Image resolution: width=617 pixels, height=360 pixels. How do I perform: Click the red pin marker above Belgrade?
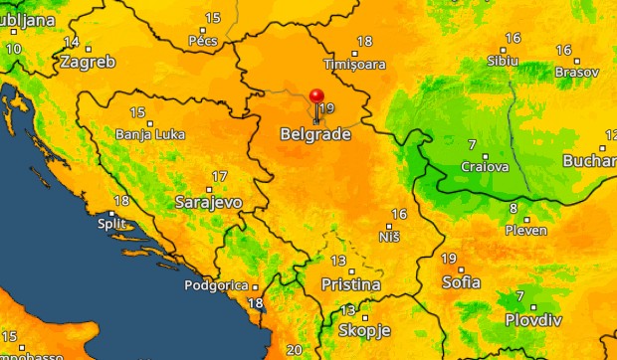(317, 96)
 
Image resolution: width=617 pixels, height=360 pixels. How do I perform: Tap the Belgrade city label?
(315, 134)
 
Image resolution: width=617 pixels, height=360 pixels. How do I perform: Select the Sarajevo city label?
(209, 202)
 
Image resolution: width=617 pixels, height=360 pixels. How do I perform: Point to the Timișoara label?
(354, 63)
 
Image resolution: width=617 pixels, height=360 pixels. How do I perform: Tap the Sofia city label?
(461, 281)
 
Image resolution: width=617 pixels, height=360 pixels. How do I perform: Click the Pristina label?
(350, 284)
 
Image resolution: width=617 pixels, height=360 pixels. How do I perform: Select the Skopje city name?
(365, 330)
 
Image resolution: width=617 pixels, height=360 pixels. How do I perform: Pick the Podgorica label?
(215, 285)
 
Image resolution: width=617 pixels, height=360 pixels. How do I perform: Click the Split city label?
(111, 223)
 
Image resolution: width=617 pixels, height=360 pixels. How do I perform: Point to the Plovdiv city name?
(533, 320)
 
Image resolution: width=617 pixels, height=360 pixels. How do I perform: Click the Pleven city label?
(526, 230)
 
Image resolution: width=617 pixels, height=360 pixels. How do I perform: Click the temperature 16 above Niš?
(399, 214)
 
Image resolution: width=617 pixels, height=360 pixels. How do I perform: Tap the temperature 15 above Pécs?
(213, 18)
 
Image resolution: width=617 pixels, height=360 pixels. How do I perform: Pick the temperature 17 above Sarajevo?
(217, 177)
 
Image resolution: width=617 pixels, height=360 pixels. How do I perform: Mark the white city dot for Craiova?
(486, 155)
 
